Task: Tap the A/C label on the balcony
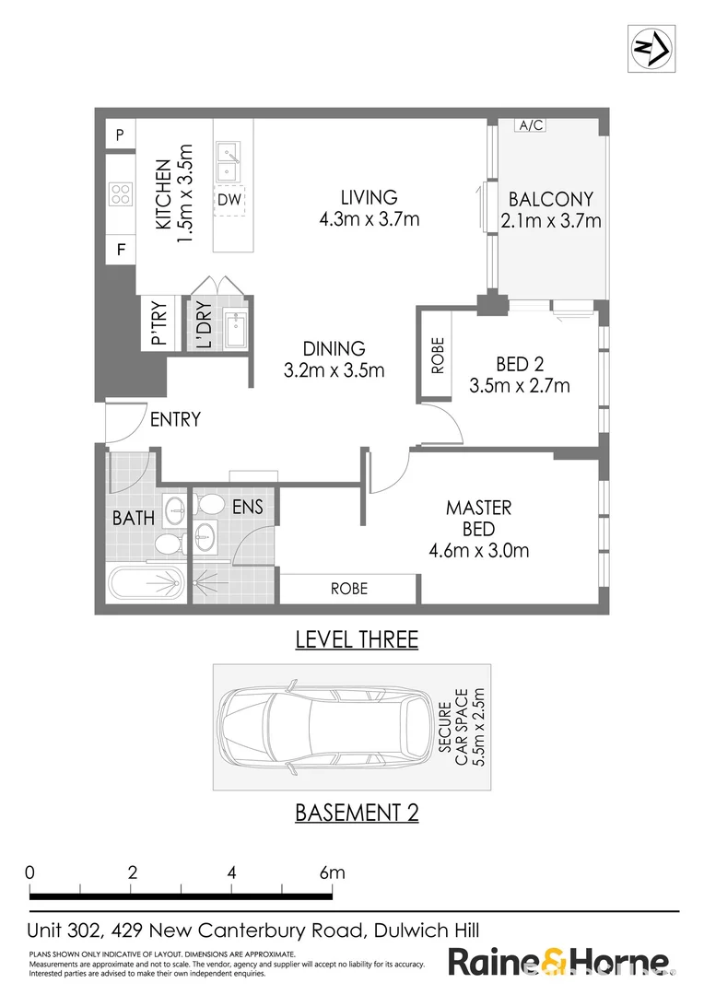[530, 125]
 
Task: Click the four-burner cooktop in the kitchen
[120, 193]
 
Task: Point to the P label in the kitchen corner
[119, 135]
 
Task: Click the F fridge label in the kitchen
[120, 248]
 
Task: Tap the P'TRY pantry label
[157, 324]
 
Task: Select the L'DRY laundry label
[203, 326]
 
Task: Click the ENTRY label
[175, 420]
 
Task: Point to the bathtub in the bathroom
[146, 582]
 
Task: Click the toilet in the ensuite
[210, 504]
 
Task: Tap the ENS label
[247, 506]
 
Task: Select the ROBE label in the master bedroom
[348, 588]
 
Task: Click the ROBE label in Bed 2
[438, 356]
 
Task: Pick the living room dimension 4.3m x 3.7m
[369, 219]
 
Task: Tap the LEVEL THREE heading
[356, 639]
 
